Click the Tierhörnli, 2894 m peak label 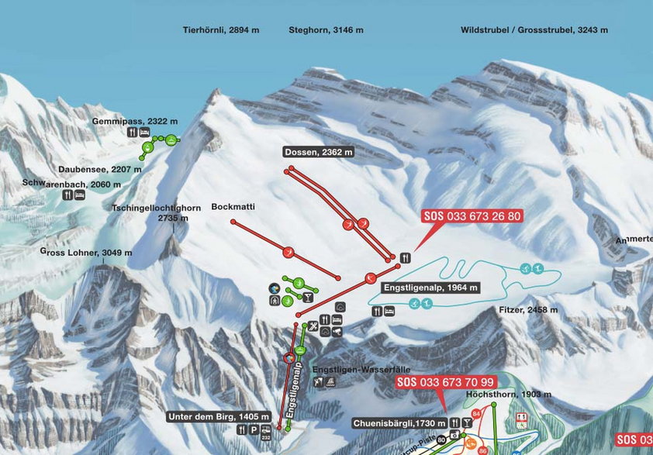220,30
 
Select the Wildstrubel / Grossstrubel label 534,30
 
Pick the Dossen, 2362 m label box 319,153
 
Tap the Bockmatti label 233,207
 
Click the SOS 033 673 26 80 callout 472,216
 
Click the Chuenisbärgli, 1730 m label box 399,423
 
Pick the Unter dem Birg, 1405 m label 219,416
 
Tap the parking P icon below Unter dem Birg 254,429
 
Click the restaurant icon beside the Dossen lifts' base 405,257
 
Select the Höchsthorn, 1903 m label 508,395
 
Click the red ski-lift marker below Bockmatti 289,251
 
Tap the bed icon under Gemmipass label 144,133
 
